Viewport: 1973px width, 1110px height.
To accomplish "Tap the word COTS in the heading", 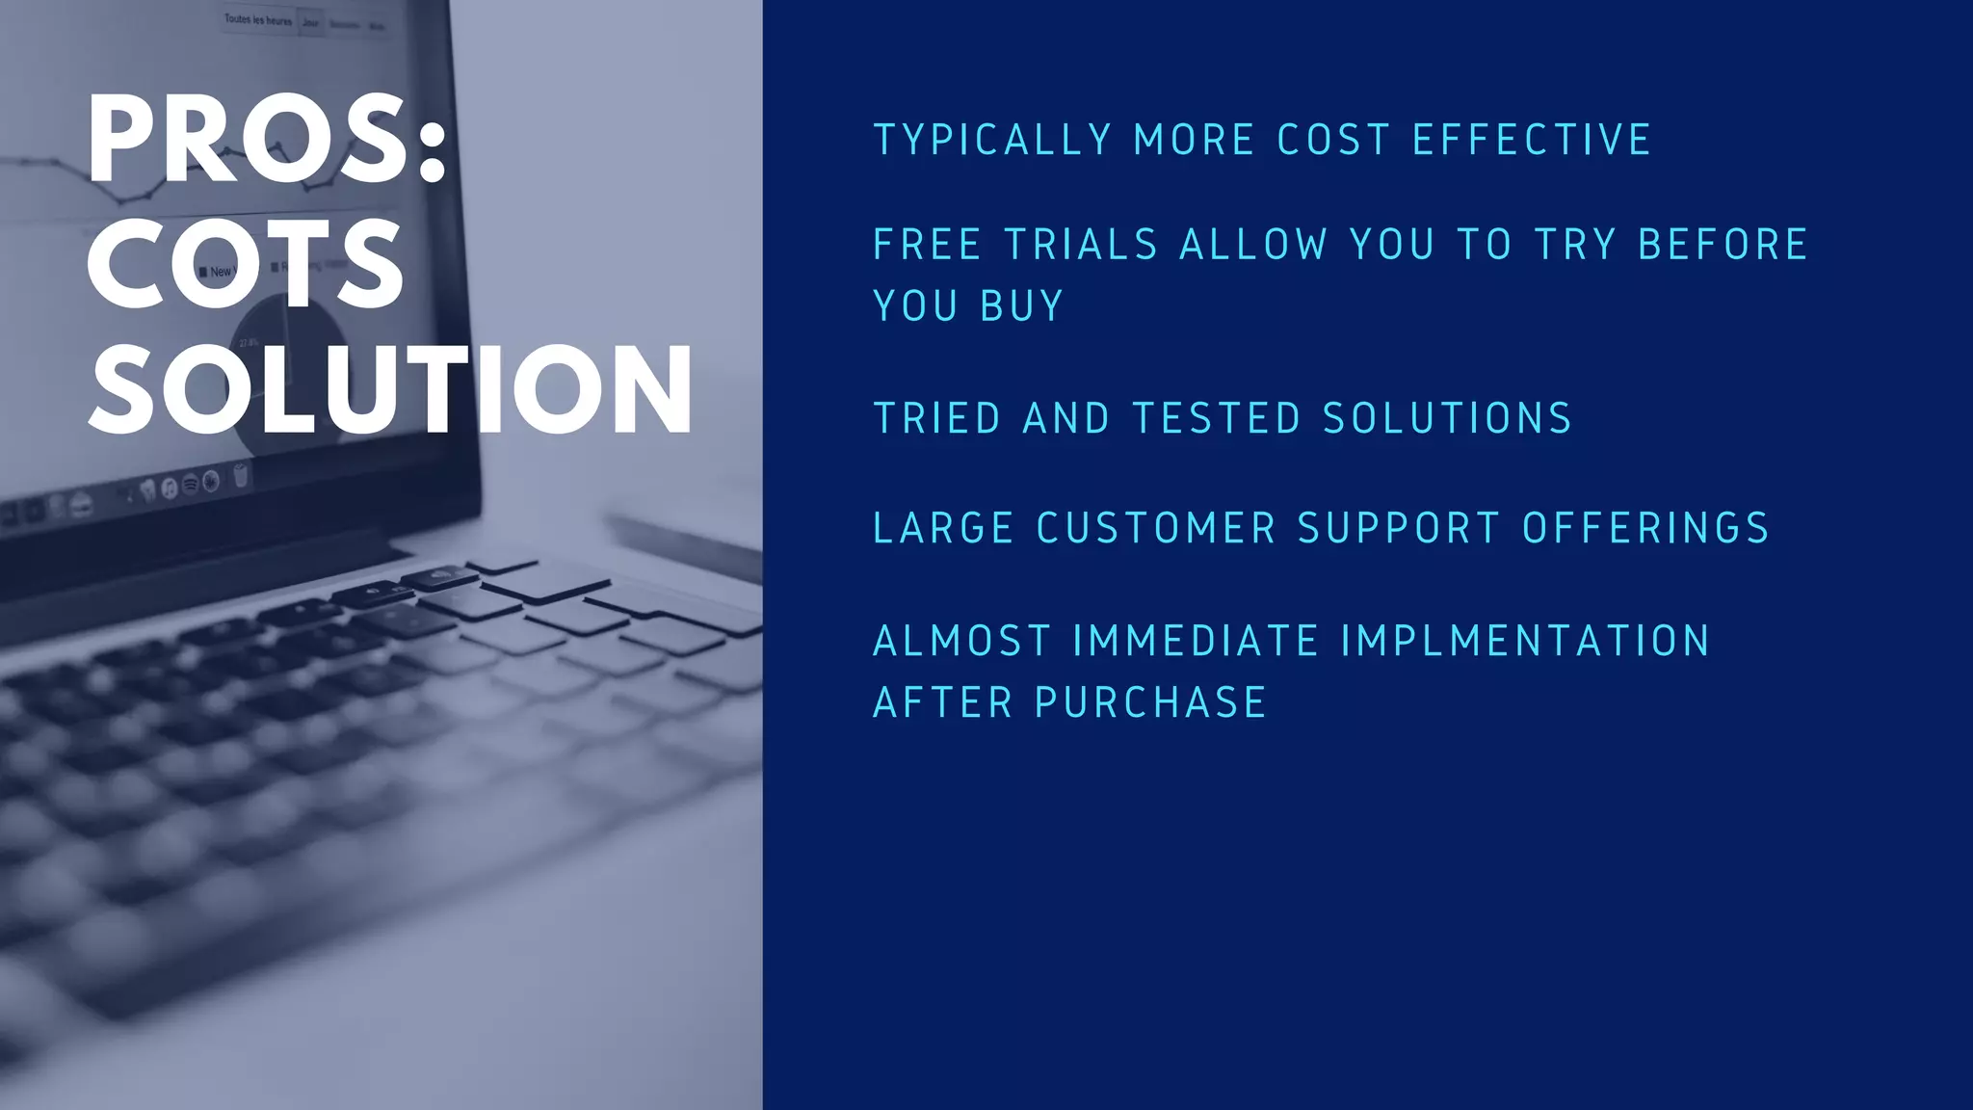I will [x=246, y=263].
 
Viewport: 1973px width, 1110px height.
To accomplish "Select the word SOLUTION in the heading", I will [x=390, y=388].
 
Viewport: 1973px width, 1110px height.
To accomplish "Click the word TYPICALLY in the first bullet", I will [x=992, y=141].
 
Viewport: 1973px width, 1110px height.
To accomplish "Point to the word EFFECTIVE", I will [x=1532, y=141].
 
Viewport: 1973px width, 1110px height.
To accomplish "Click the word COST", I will [x=1333, y=141].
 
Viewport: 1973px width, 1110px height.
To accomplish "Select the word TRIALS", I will [x=1081, y=245].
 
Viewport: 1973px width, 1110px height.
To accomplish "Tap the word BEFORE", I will [x=1722, y=245].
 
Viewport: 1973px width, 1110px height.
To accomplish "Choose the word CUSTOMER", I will [x=1156, y=529].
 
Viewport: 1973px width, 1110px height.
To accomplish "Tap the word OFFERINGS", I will [x=1645, y=529].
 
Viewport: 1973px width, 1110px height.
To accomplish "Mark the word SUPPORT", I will [x=1398, y=529].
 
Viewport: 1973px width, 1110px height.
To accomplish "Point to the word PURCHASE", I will [x=1150, y=703].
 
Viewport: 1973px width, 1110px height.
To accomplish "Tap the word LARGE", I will [x=943, y=529].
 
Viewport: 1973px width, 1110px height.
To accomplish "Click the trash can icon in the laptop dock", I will [x=241, y=474].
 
